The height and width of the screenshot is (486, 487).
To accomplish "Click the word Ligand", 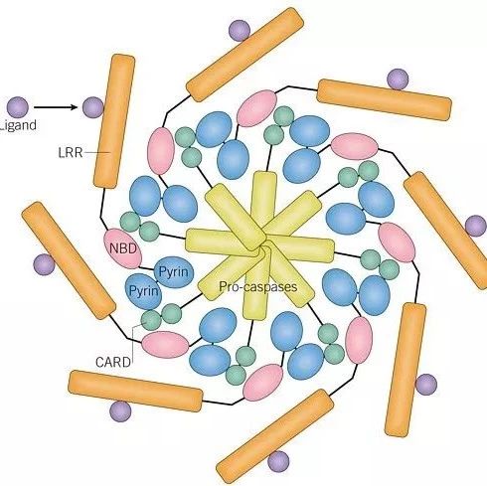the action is (18, 126).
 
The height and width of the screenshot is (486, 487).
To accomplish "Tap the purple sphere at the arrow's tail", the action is (18, 107).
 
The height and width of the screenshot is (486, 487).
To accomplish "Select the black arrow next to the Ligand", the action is (56, 107).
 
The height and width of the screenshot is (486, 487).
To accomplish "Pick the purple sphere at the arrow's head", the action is (92, 107).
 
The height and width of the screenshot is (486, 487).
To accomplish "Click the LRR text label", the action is (71, 153).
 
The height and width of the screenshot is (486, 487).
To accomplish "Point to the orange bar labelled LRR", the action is (114, 121).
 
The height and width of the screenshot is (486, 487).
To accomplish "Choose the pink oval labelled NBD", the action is (123, 248).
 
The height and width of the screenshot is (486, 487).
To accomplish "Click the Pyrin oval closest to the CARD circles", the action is (143, 291).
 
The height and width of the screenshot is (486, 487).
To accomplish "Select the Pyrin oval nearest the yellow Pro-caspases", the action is (174, 272).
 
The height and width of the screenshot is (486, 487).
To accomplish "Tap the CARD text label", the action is (113, 362).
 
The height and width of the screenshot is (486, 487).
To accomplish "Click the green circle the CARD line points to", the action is (151, 320).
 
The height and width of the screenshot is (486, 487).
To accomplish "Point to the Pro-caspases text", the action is (258, 286).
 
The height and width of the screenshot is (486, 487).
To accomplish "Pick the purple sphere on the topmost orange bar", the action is (240, 31).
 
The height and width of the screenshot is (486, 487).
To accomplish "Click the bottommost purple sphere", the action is (278, 461).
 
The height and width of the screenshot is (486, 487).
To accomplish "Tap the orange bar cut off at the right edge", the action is (445, 231).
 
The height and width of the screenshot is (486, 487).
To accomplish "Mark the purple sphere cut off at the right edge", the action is (476, 226).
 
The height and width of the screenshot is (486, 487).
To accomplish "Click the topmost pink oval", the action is (257, 108).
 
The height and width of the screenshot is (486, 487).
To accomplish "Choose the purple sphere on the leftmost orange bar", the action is (44, 264).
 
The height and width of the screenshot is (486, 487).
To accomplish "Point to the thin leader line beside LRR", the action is (96, 152).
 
